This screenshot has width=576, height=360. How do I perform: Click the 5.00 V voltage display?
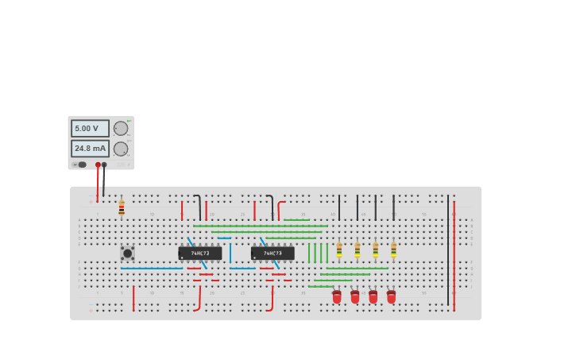90,128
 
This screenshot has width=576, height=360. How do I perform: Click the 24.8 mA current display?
90,149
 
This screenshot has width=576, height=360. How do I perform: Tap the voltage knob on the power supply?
121,128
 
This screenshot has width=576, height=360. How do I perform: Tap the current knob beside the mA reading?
121,149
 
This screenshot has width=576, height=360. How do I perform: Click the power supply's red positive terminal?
98,165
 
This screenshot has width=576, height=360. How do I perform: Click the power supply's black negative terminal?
104,165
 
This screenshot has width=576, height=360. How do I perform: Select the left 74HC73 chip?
200,253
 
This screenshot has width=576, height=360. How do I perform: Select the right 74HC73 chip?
273,253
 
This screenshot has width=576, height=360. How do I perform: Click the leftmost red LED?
337,296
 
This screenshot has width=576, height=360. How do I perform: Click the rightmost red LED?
391,296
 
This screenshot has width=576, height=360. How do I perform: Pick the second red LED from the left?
355,296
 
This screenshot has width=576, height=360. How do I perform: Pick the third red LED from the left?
373,296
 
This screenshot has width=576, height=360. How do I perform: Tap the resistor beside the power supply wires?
122,208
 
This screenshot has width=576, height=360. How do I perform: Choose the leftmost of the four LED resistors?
339,250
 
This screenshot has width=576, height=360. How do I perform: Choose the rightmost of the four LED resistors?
393,250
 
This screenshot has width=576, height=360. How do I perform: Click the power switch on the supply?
80,165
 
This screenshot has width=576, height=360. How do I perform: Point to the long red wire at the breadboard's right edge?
454,254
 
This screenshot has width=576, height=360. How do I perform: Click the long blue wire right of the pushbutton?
151,269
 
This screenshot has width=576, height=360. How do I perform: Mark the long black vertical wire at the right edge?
447,238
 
